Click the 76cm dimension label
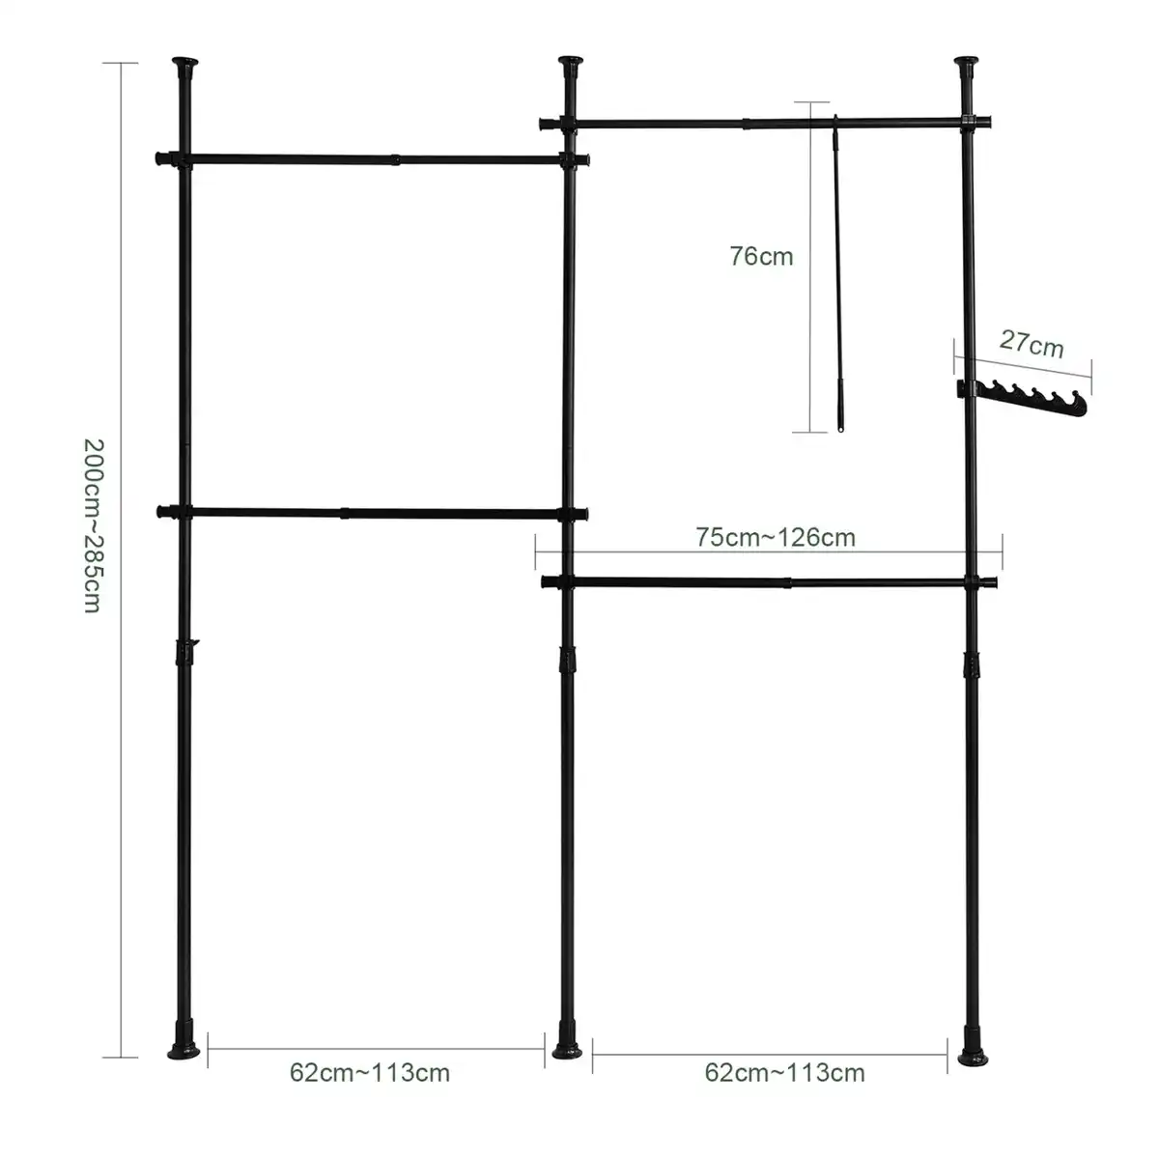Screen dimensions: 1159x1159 click(761, 256)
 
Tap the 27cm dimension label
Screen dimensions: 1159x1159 click(1032, 344)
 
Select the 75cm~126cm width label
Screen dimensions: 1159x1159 click(776, 537)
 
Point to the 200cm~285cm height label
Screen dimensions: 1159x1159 click(94, 525)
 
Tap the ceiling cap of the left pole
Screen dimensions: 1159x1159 click(185, 62)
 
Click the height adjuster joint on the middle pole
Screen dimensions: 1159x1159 click(567, 661)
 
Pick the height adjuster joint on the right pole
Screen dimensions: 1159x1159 click(972, 665)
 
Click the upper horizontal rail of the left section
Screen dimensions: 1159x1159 click(373, 159)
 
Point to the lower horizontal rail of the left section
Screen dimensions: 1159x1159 click(372, 513)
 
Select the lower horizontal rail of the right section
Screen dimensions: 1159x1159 click(769, 582)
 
